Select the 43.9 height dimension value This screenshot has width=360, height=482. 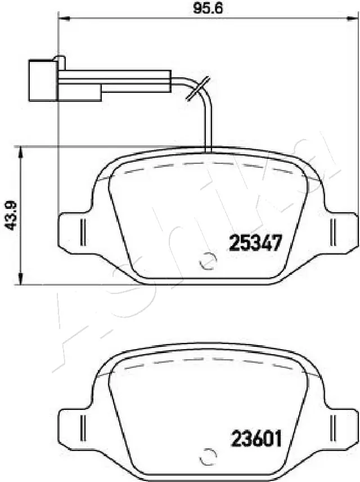pos(9,216)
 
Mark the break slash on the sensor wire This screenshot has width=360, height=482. pos(199,89)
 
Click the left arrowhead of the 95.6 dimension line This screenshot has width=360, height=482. pos(63,20)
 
